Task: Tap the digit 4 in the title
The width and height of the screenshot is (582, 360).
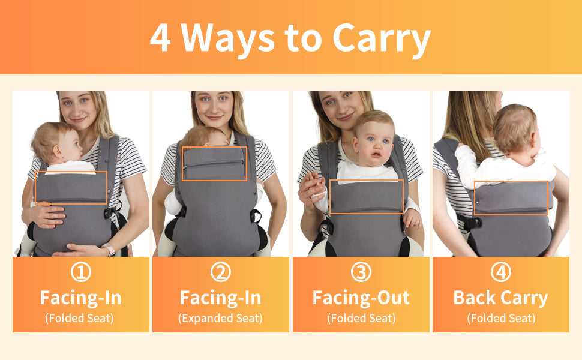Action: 160,37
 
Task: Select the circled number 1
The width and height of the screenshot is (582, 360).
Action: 80,272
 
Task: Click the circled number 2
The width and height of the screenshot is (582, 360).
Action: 220,272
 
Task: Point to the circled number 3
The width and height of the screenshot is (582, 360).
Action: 361,272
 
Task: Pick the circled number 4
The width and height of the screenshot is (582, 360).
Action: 501,272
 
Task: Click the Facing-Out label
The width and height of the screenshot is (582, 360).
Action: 361,298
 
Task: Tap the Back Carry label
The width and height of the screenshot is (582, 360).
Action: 501,298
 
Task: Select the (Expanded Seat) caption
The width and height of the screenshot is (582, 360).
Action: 220,319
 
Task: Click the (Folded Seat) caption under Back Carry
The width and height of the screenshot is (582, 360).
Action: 501,319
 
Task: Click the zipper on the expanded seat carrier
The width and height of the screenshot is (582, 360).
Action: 214,164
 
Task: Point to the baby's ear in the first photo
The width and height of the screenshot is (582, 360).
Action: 58,151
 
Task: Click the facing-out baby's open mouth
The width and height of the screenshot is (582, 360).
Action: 376,154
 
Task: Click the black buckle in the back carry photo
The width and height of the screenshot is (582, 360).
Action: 472,223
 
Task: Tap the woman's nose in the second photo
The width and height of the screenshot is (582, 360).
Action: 214,107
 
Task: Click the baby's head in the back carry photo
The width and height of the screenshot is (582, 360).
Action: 515,128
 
